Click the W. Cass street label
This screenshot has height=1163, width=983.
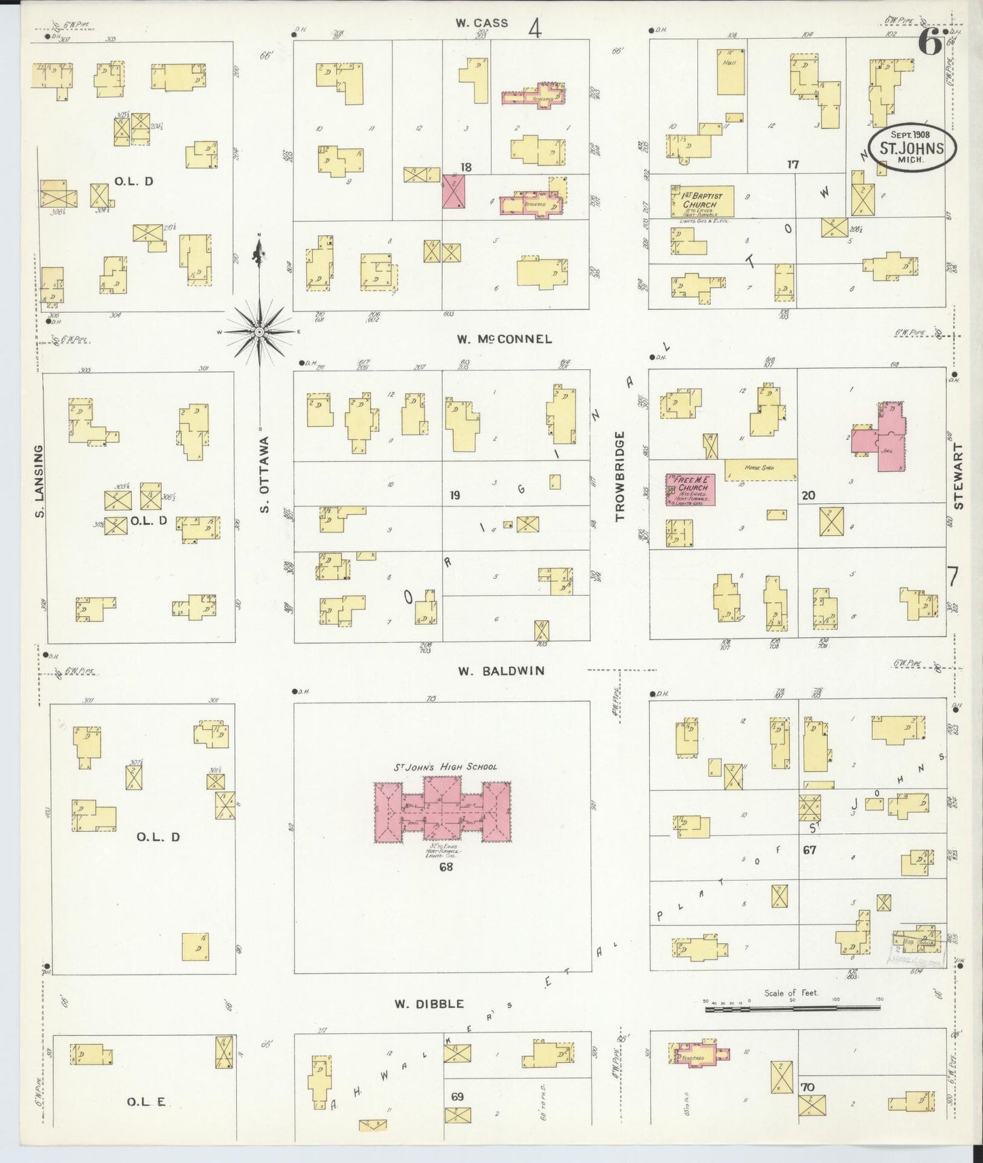482,23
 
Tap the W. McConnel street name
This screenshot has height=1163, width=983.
504,339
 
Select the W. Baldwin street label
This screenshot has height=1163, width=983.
501,671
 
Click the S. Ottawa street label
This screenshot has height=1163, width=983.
265,474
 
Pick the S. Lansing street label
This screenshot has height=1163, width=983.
39,481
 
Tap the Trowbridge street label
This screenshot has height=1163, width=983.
620,476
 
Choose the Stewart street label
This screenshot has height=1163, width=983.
959,476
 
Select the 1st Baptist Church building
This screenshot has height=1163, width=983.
701,201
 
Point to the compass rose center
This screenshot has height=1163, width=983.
259,332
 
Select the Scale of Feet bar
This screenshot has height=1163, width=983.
793,1008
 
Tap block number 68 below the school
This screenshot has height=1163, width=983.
446,866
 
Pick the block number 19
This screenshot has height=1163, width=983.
454,495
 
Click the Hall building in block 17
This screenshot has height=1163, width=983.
731,75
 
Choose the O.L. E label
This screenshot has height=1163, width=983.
146,1102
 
